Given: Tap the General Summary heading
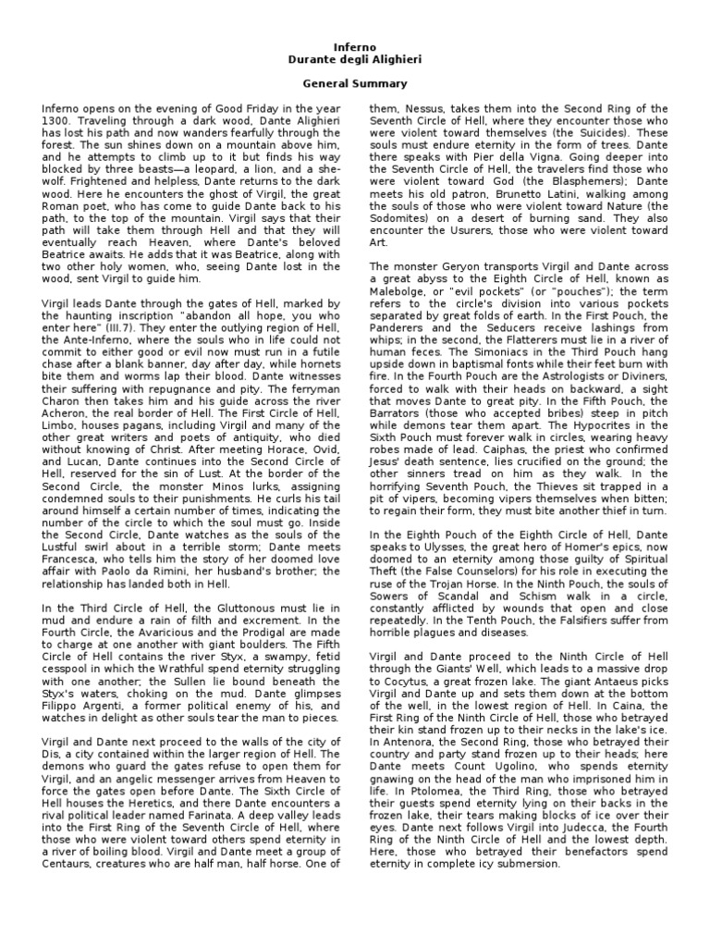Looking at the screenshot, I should click(x=354, y=83).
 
